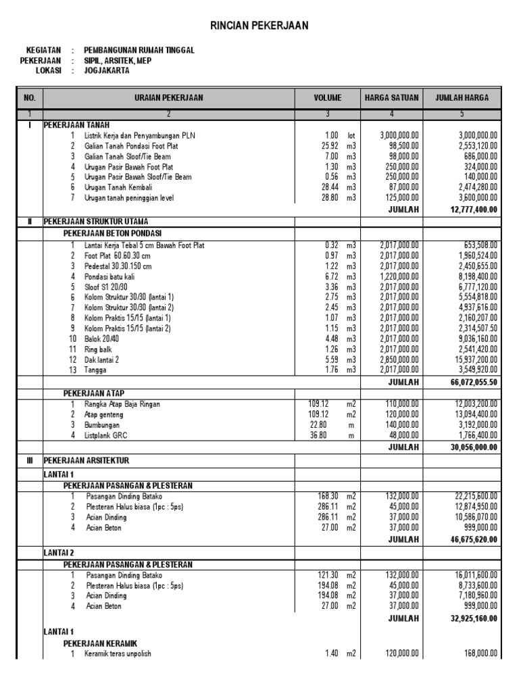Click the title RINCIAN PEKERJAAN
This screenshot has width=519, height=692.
point(260,26)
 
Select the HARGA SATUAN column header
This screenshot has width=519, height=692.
point(392,98)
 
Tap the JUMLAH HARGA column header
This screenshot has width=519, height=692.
point(462,98)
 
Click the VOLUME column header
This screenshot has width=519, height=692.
point(328,98)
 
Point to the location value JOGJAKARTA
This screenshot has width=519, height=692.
point(107,70)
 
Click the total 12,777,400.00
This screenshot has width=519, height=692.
point(473,209)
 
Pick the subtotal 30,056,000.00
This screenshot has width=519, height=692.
point(473,447)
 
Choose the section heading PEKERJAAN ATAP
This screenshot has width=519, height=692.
point(94,393)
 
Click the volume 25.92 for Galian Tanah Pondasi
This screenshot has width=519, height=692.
point(330,145)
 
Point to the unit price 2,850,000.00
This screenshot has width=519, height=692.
point(399,360)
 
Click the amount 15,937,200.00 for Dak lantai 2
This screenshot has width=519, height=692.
point(472,360)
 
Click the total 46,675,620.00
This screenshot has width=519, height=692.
point(473,539)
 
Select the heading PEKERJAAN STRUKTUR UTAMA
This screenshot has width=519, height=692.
point(96,221)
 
